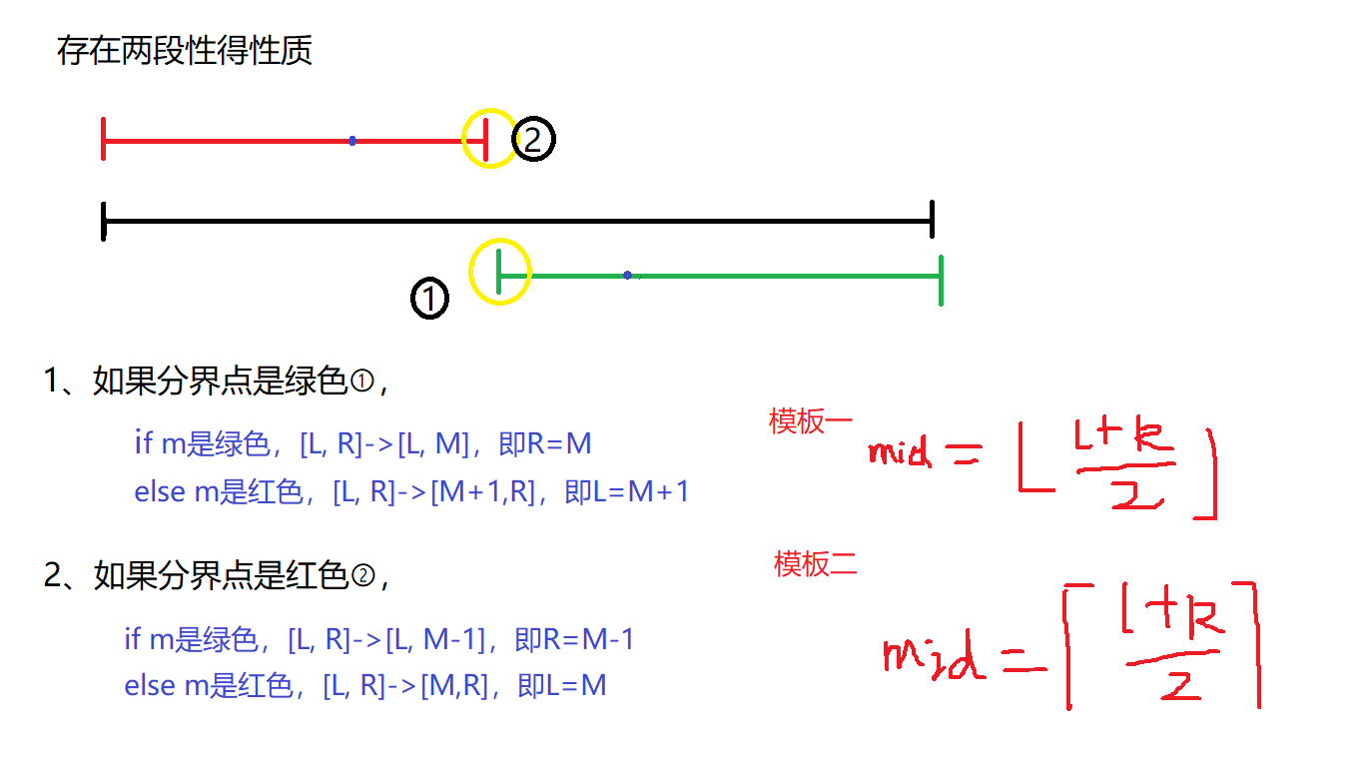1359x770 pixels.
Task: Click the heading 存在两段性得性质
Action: coord(185,51)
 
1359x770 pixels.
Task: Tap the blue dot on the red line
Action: coord(352,141)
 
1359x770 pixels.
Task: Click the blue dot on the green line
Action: coord(627,275)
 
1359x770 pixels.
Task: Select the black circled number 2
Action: coord(533,141)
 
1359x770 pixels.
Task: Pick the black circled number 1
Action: coord(429,298)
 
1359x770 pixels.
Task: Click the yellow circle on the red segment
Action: coord(489,139)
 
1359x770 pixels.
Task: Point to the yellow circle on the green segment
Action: coord(500,272)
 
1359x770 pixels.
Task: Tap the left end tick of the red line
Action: coord(104,139)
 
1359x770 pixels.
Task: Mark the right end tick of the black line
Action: coord(932,219)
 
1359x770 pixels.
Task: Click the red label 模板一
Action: coord(810,421)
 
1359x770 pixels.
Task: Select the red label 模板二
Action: coord(815,564)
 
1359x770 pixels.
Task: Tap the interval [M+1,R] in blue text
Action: coord(483,491)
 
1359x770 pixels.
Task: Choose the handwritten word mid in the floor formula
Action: coord(900,452)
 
